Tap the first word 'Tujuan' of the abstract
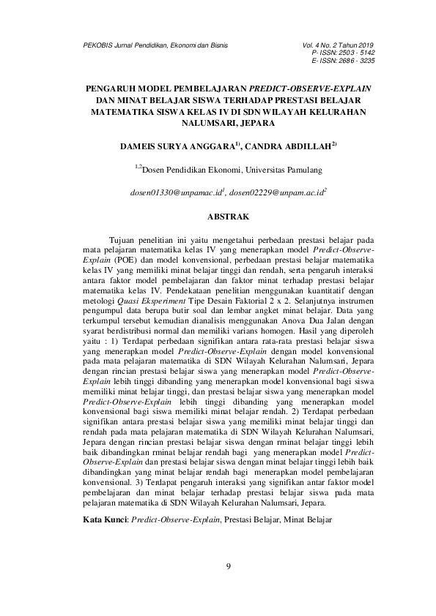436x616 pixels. click(122, 239)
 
